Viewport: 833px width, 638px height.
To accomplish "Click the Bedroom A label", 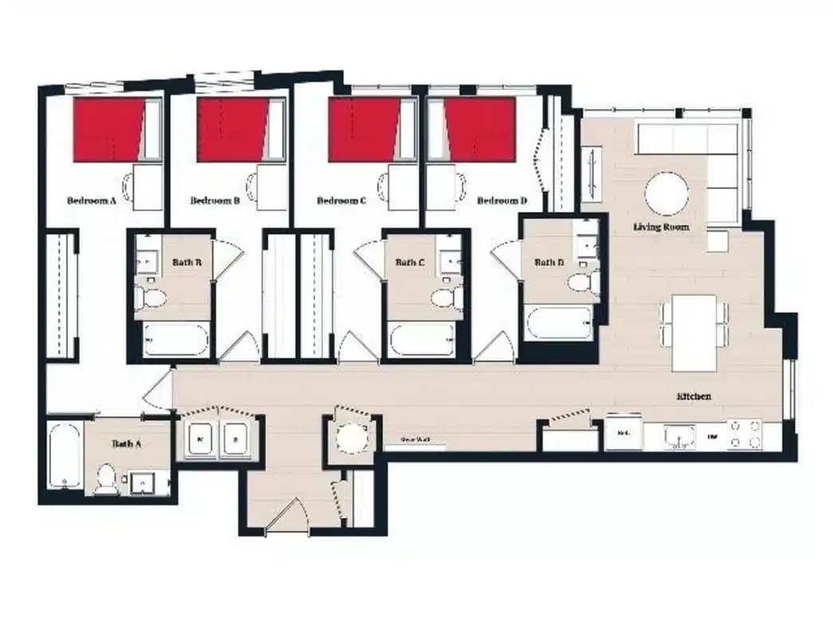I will pyautogui.click(x=92, y=201).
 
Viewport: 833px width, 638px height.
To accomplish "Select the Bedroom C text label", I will pyautogui.click(x=341, y=201).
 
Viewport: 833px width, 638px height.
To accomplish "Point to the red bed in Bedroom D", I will pyautogui.click(x=481, y=129).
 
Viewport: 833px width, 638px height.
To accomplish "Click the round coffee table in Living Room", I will pyautogui.click(x=666, y=195).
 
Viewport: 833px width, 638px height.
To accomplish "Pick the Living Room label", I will pyautogui.click(x=661, y=227).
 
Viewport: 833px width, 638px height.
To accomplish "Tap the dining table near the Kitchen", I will pyautogui.click(x=694, y=333).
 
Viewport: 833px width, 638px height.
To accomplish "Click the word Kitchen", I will pyautogui.click(x=694, y=396).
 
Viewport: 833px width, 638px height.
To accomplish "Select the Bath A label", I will pyautogui.click(x=126, y=443).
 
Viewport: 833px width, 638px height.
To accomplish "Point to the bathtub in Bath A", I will pyautogui.click(x=64, y=456).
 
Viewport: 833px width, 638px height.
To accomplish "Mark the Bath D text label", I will pyautogui.click(x=549, y=262).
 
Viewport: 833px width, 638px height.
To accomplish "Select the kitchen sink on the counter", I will pyautogui.click(x=679, y=436).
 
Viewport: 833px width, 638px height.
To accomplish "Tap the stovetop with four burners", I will pyautogui.click(x=744, y=435).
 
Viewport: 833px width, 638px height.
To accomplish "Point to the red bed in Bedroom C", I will pyautogui.click(x=363, y=129).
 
